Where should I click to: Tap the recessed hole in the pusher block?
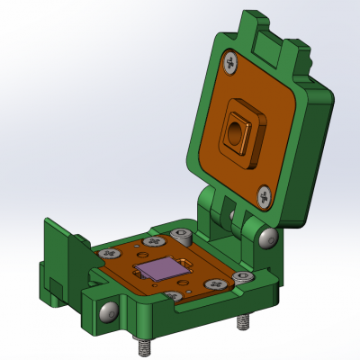tap(235, 134)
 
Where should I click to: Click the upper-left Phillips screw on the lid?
tap(232, 63)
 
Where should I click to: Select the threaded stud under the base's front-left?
tap(143, 344)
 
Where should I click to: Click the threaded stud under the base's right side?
tap(243, 321)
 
